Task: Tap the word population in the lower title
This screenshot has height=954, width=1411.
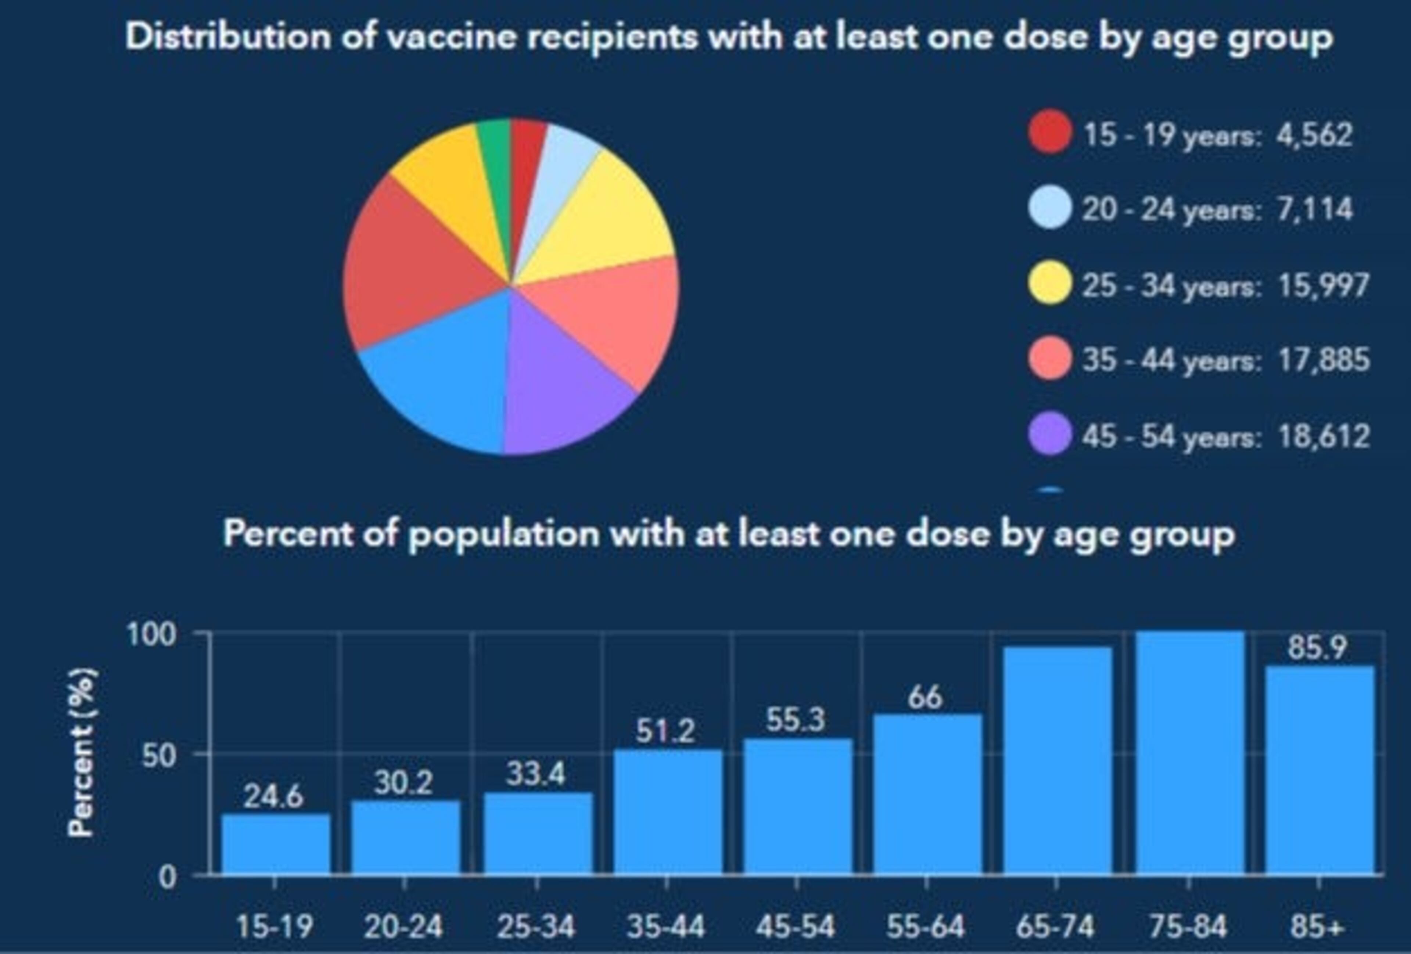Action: [x=504, y=534]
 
